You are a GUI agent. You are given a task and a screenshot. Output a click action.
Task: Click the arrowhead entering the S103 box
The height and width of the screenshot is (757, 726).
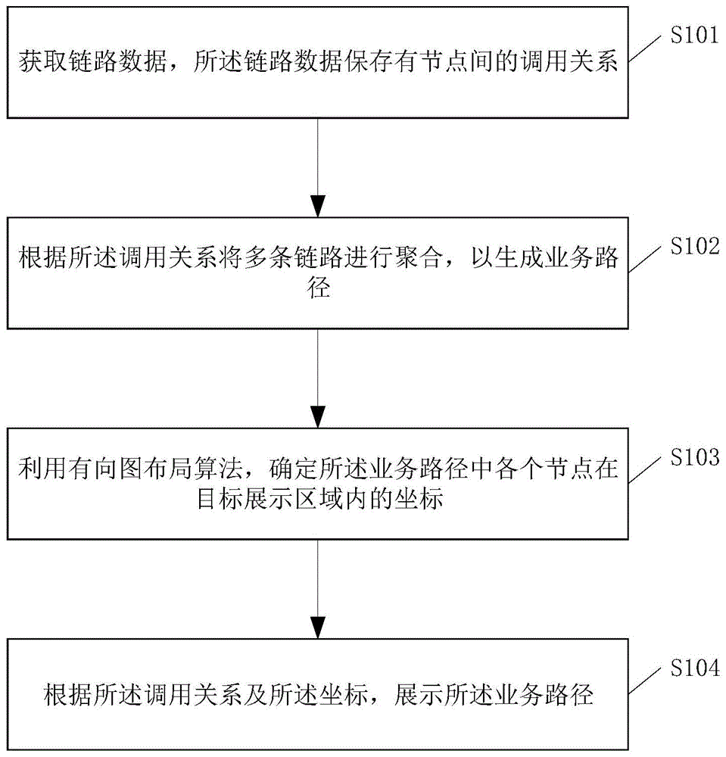(319, 418)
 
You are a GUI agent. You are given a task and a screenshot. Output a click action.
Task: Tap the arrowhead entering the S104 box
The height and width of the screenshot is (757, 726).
(319, 628)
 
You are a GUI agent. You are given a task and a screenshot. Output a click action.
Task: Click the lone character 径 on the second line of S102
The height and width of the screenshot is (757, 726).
(319, 288)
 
